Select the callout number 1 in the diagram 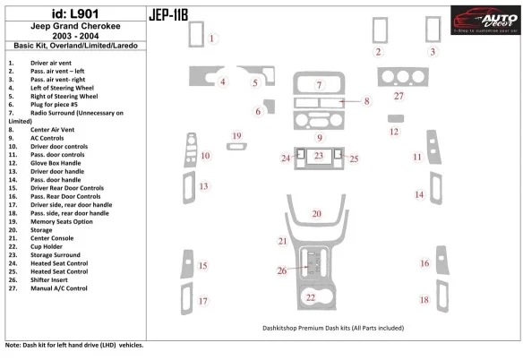click(x=212, y=39)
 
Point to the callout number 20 click(x=316, y=213)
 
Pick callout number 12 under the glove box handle click(x=394, y=132)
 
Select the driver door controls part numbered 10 click(x=189, y=153)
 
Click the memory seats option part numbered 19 click(x=236, y=148)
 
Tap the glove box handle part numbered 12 click(x=395, y=117)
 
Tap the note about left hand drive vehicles click(x=73, y=345)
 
